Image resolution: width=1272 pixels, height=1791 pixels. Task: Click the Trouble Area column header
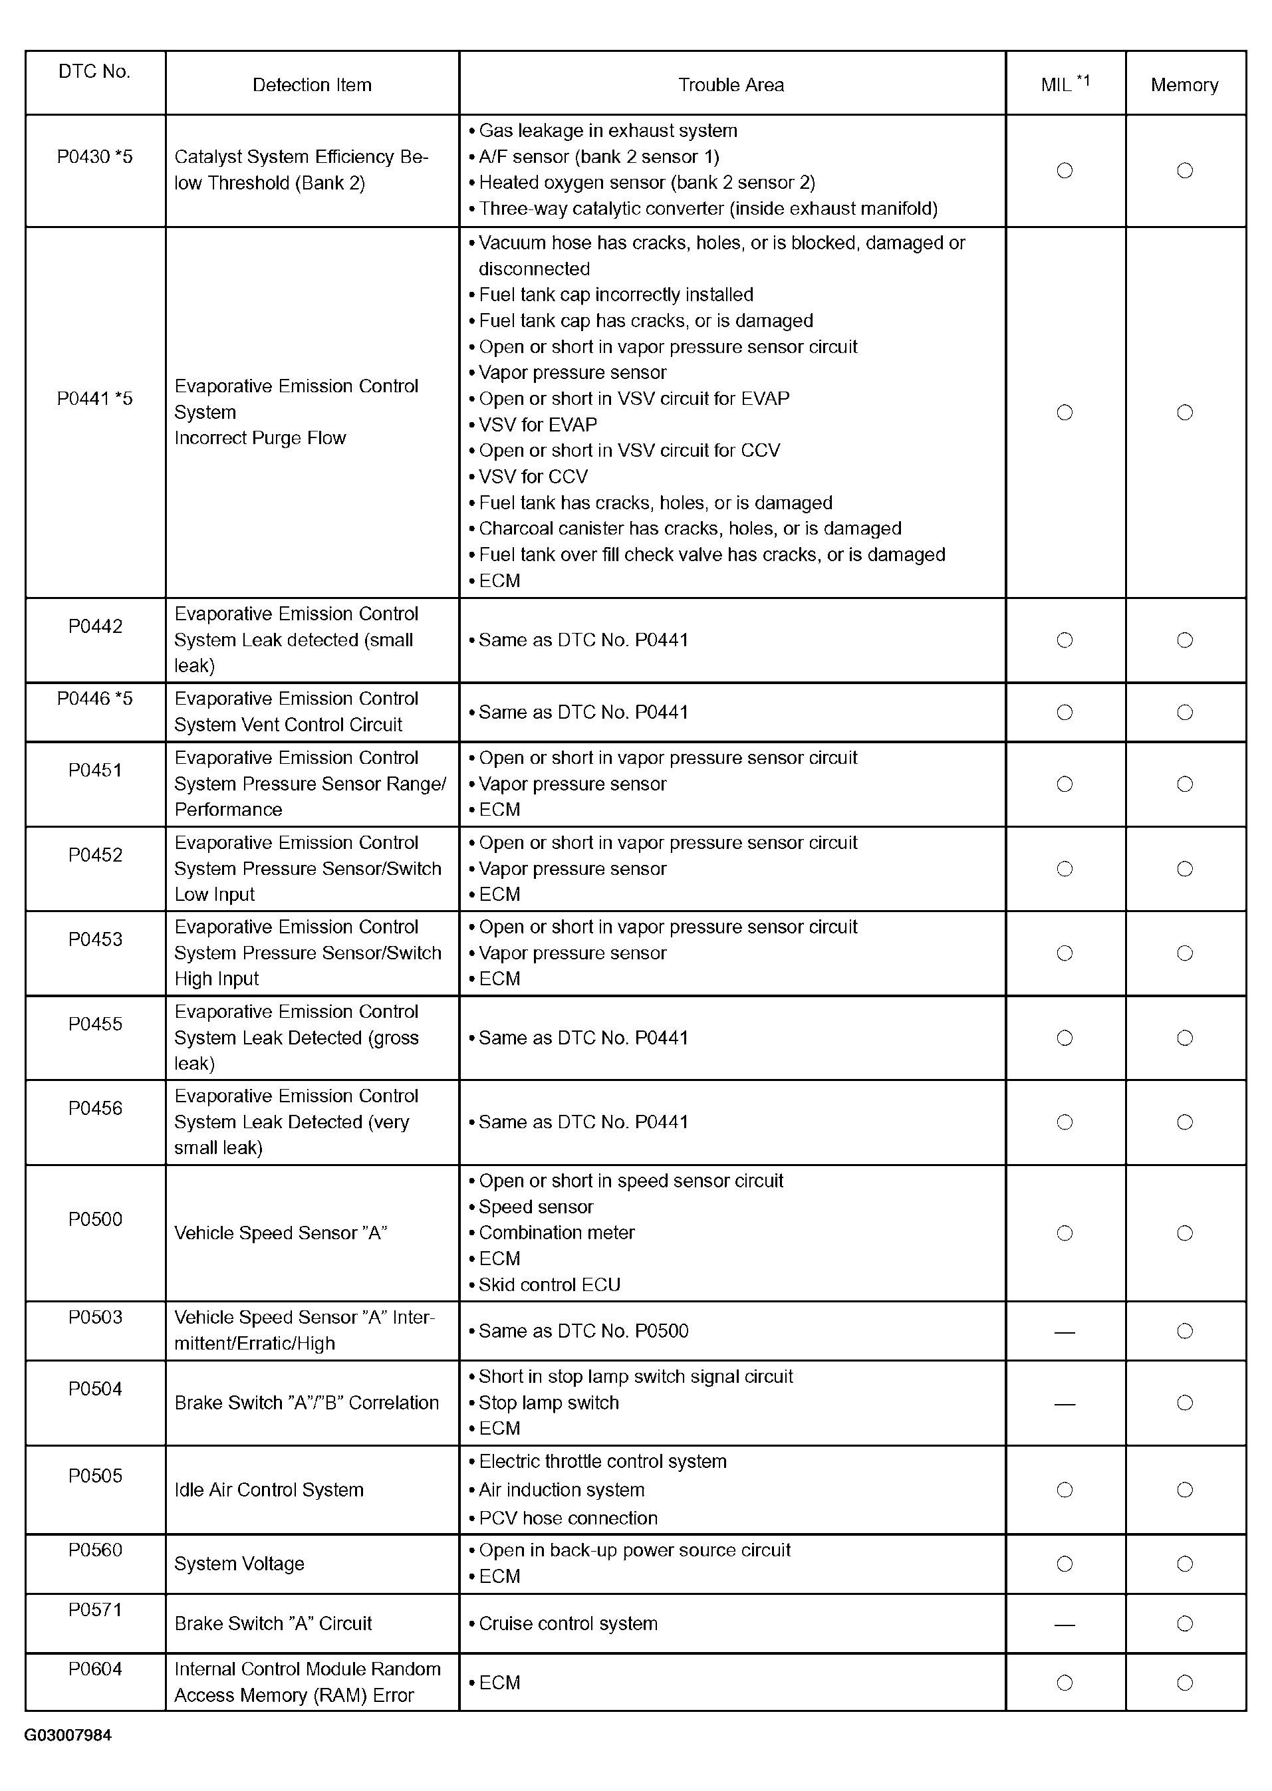click(x=731, y=84)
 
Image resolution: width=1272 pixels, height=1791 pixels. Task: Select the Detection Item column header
click(x=312, y=84)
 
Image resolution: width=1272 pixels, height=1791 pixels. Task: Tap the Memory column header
click(x=1184, y=84)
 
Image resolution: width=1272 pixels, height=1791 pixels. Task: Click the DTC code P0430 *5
click(x=95, y=157)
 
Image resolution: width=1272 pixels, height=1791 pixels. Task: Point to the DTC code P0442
click(x=95, y=626)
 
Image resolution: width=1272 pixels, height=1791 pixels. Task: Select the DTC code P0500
click(x=95, y=1219)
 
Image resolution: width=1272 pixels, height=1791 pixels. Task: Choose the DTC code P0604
click(x=95, y=1669)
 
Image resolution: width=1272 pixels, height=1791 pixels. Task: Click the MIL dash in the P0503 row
click(x=1065, y=1332)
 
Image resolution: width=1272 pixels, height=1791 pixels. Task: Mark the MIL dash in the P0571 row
click(x=1065, y=1624)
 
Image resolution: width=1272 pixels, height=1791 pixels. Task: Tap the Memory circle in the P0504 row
click(x=1184, y=1403)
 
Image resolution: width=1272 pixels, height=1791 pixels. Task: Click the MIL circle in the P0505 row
click(x=1065, y=1489)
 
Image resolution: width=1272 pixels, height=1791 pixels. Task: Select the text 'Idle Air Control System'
click(x=269, y=1489)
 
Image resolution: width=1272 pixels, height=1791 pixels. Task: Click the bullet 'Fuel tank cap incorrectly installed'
click(x=616, y=295)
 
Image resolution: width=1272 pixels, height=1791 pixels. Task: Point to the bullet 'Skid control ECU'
click(x=549, y=1285)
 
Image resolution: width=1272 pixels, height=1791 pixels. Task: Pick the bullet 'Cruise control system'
click(x=568, y=1623)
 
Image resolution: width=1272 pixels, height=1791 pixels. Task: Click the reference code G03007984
click(x=68, y=1735)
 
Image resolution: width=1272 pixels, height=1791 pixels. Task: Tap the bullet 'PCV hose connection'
click(x=568, y=1518)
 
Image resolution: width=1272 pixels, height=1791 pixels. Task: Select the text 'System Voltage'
click(x=239, y=1563)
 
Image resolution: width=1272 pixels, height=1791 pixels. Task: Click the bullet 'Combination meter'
click(x=556, y=1233)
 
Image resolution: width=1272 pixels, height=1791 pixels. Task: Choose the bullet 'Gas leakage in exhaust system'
click(x=608, y=131)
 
